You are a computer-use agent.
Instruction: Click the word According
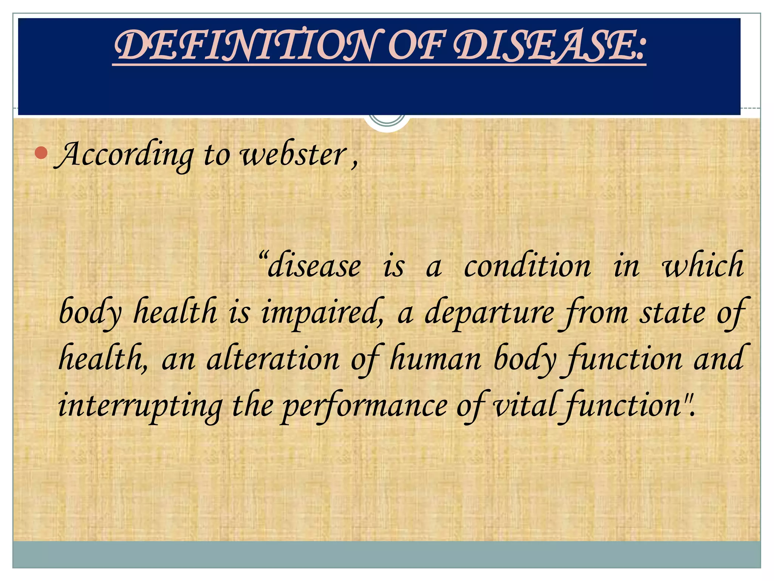(x=125, y=155)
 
